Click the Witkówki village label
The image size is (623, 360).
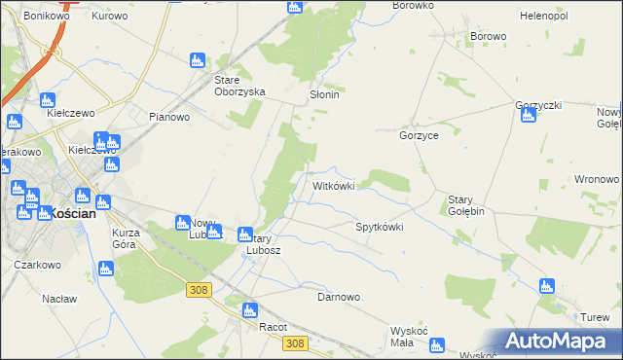pyautogui.click(x=339, y=185)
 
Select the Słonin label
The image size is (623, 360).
pyautogui.click(x=323, y=95)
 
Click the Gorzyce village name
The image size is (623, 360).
pyautogui.click(x=419, y=136)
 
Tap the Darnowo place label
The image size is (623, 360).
pyautogui.click(x=340, y=297)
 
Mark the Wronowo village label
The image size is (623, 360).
pyautogui.click(x=597, y=179)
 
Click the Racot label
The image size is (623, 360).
pyautogui.click(x=273, y=327)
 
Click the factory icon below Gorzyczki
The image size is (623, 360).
pyautogui.click(x=529, y=116)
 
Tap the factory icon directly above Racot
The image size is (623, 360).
pyautogui.click(x=248, y=310)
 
